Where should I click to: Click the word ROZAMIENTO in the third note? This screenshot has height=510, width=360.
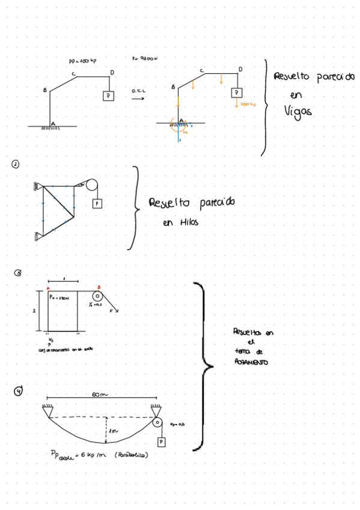coord(252,363)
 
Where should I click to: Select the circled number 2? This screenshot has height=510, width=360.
coord(14,163)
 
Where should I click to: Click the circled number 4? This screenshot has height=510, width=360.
coord(19,392)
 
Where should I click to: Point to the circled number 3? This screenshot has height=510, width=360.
coord(18,273)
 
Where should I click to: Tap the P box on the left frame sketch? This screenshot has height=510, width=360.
coord(108,96)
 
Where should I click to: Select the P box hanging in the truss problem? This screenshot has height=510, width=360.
coord(96,204)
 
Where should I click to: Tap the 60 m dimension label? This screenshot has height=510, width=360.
coord(99,395)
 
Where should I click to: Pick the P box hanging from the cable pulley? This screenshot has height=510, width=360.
coord(161,442)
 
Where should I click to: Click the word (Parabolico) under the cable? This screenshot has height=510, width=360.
coord(132,455)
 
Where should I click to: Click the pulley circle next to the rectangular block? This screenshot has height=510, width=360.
coord(96,296)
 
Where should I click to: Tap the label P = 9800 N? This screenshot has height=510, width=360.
coord(144,59)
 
